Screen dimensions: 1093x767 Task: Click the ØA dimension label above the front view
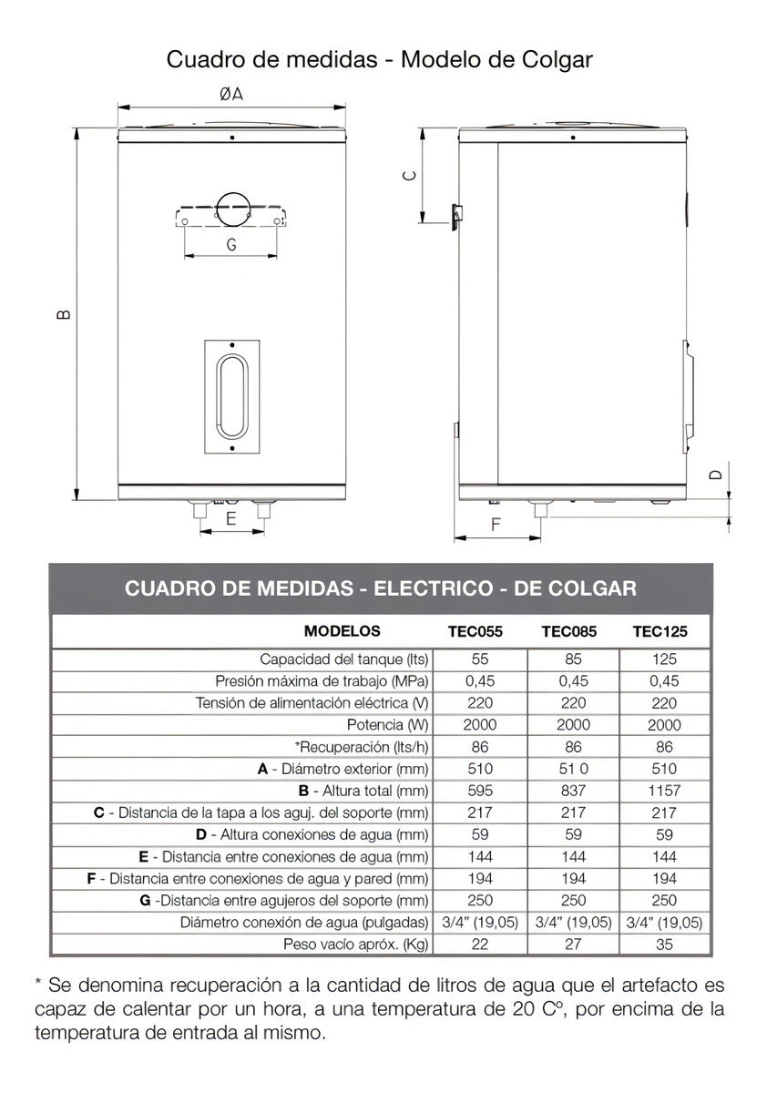click(x=231, y=94)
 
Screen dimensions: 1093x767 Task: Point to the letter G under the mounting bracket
click(x=231, y=243)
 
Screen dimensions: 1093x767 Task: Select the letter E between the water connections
click(x=231, y=518)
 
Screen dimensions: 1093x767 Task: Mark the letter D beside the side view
click(x=716, y=475)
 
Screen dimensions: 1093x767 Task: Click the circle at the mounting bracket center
click(x=231, y=208)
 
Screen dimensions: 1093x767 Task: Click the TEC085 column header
click(x=569, y=631)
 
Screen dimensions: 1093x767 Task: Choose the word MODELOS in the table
click(x=343, y=630)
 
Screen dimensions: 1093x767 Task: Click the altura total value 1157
click(x=665, y=791)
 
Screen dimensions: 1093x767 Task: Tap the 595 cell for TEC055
click(x=479, y=791)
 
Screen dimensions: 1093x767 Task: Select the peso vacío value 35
click(x=665, y=945)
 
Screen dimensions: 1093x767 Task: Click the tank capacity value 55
click(x=479, y=659)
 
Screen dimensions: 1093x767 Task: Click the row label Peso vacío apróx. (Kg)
click(x=356, y=945)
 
